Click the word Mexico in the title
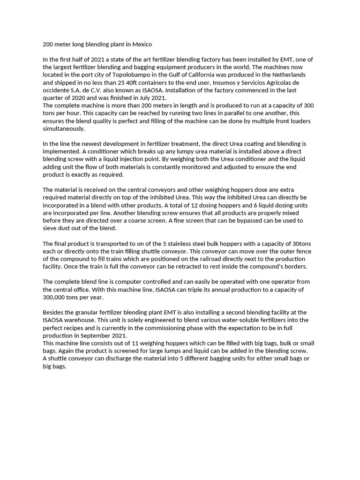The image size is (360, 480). pyautogui.click(x=142, y=45)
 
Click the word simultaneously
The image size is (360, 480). pyautogui.click(x=64, y=128)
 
